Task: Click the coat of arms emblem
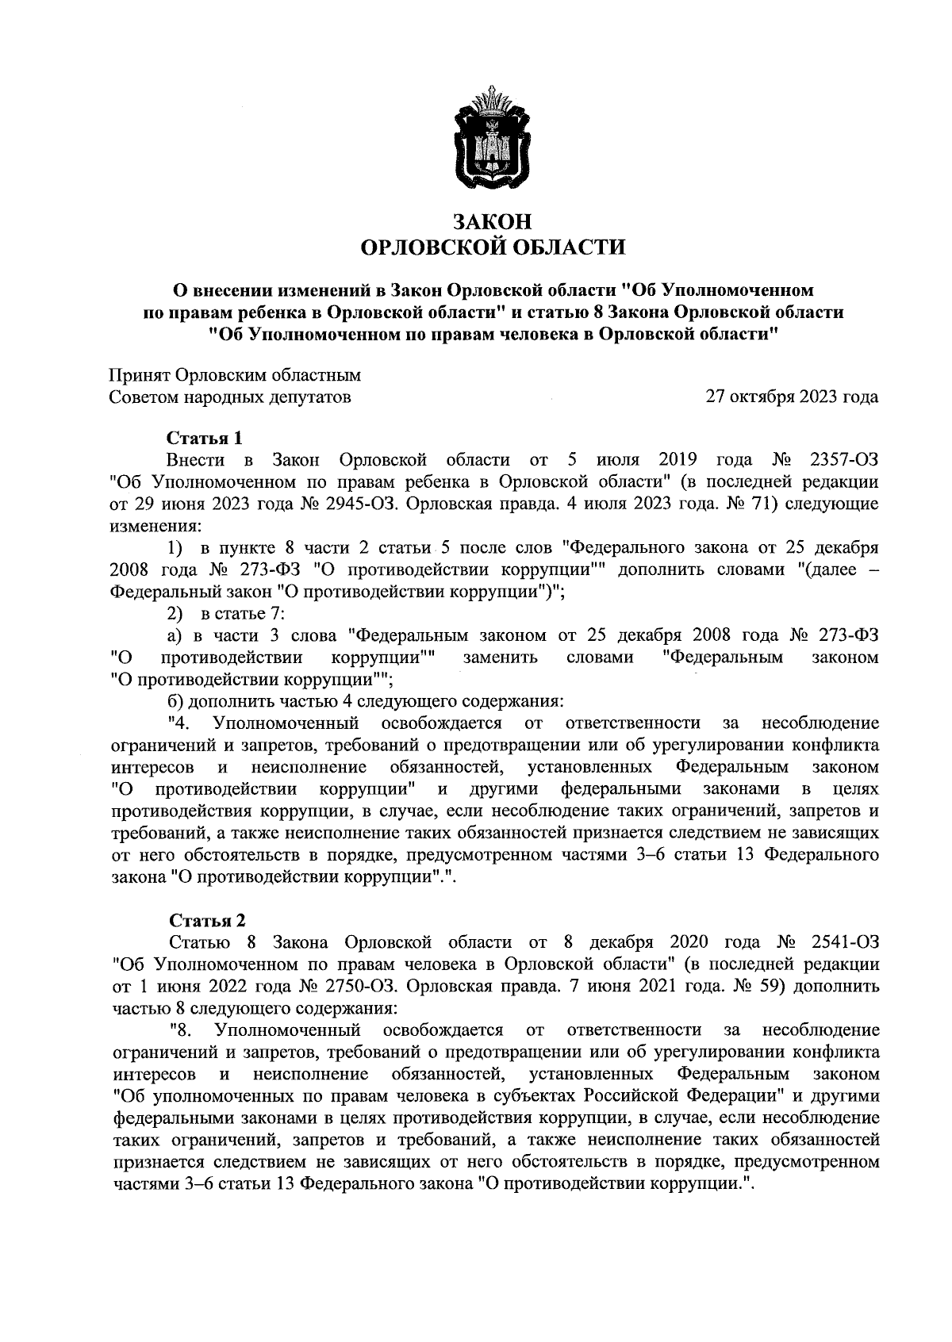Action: tap(493, 140)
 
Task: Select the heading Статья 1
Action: tap(204, 438)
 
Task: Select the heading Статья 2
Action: tap(207, 920)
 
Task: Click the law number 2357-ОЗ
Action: tap(840, 460)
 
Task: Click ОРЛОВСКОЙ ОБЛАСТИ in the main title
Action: tap(493, 248)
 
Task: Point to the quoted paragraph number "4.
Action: tap(179, 723)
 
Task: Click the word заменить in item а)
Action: tap(501, 658)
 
